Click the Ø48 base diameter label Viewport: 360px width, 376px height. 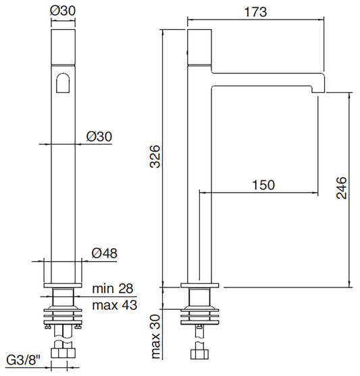click(x=105, y=253)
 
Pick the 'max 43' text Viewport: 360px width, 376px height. click(x=115, y=305)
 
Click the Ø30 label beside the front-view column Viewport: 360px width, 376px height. click(x=99, y=136)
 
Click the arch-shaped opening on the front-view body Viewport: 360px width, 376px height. click(x=63, y=83)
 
